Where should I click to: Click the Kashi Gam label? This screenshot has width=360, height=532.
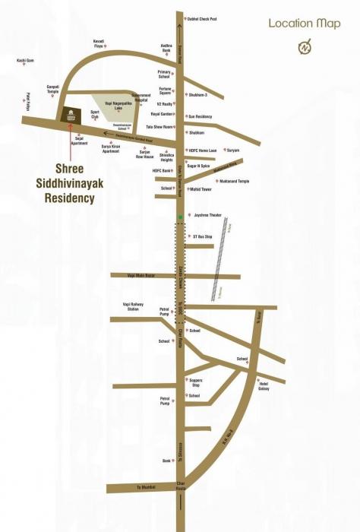25,61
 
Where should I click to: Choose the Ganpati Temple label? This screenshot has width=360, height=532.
53,89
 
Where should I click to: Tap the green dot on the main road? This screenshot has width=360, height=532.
180,219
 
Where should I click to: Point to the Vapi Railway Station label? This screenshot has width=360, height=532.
132,307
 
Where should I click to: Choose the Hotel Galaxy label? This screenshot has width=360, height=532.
264,386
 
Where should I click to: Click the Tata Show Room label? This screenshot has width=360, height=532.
159,127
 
